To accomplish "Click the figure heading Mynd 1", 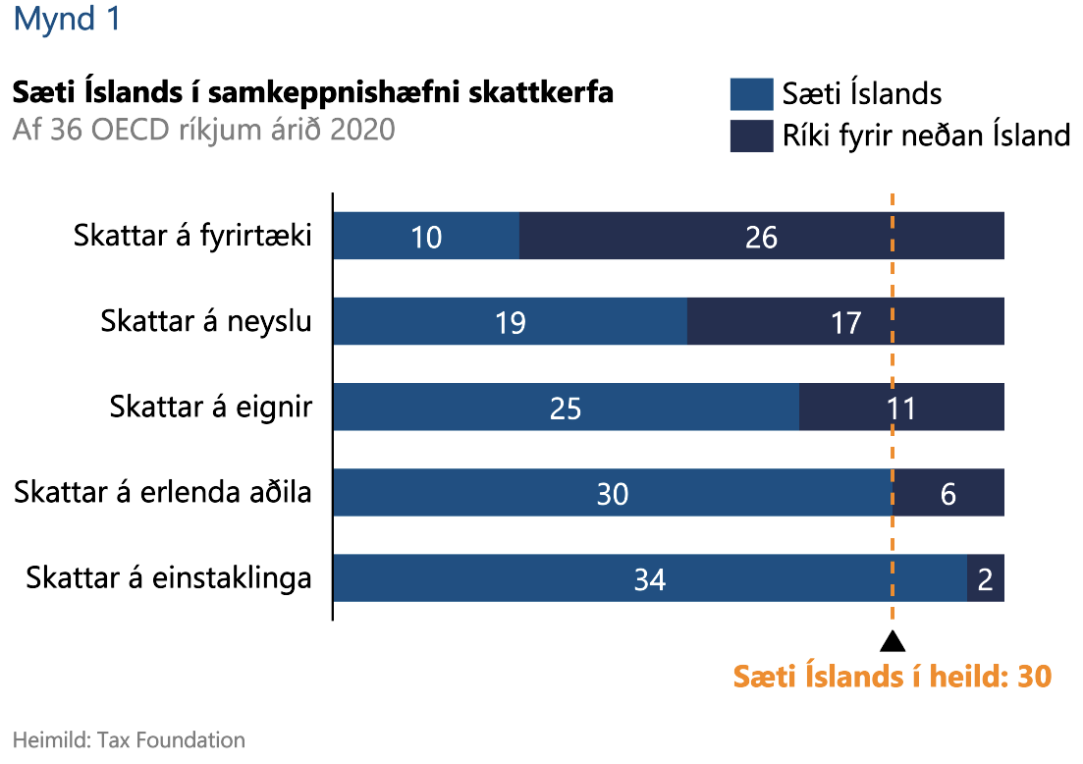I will click(x=67, y=20).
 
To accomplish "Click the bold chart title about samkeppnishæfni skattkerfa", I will click(x=312, y=93).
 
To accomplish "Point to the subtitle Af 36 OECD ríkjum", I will click(x=203, y=129).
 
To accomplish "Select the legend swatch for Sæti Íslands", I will click(x=750, y=93).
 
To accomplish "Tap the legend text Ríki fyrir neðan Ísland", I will click(x=926, y=135).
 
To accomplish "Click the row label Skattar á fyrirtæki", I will click(x=192, y=237).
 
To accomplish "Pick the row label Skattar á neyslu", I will click(x=206, y=321).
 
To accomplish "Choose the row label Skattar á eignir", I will click(x=211, y=407).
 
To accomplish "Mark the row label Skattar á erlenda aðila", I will click(x=163, y=492).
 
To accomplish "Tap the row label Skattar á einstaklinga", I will click(x=169, y=577).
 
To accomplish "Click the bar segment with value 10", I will click(x=426, y=237).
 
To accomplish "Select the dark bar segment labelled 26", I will click(x=761, y=237).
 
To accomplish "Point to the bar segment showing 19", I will click(x=510, y=322).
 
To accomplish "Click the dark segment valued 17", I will click(x=845, y=322).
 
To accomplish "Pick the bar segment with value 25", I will click(x=566, y=408).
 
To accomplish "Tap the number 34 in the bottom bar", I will click(x=649, y=579).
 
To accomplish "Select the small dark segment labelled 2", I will click(x=986, y=578).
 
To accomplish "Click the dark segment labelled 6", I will click(x=948, y=493).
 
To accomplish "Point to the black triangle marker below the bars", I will click(x=892, y=642).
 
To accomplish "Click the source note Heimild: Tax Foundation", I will click(x=129, y=739).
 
